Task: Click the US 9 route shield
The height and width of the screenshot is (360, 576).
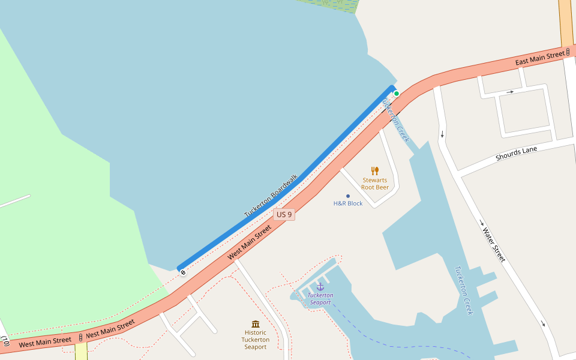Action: point(284,214)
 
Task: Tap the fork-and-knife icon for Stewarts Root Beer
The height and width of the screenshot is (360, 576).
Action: point(375,170)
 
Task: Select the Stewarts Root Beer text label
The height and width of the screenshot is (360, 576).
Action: point(375,184)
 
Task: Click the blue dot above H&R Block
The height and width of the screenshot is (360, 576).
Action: point(348,196)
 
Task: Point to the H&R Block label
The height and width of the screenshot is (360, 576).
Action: point(348,203)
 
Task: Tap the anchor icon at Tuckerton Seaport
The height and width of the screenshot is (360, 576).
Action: point(320,287)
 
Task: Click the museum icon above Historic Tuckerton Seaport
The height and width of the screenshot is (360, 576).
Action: point(256,324)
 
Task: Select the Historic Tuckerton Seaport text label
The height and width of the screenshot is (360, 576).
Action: point(256,340)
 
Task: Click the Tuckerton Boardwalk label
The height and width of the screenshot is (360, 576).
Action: point(271,196)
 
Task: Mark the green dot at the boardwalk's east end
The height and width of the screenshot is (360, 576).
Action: point(397,94)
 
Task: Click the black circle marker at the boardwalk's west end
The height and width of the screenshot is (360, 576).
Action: point(183,272)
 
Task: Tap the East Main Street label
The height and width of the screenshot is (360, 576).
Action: point(540,58)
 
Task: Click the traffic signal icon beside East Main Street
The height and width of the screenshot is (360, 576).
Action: point(568,53)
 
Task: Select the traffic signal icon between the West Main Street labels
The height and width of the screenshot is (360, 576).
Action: point(80,338)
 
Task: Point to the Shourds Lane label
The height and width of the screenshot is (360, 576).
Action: point(517,154)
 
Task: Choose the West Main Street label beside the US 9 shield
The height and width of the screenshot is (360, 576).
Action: point(250,242)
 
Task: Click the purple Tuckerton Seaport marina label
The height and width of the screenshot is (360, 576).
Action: point(320,299)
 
